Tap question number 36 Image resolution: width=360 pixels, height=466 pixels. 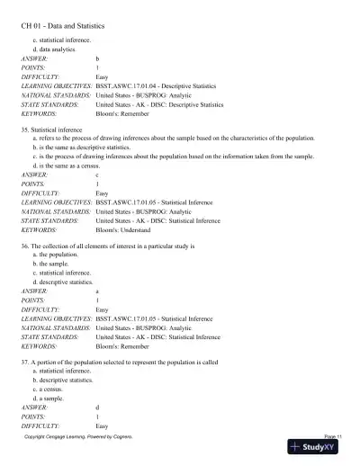click(x=25, y=245)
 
